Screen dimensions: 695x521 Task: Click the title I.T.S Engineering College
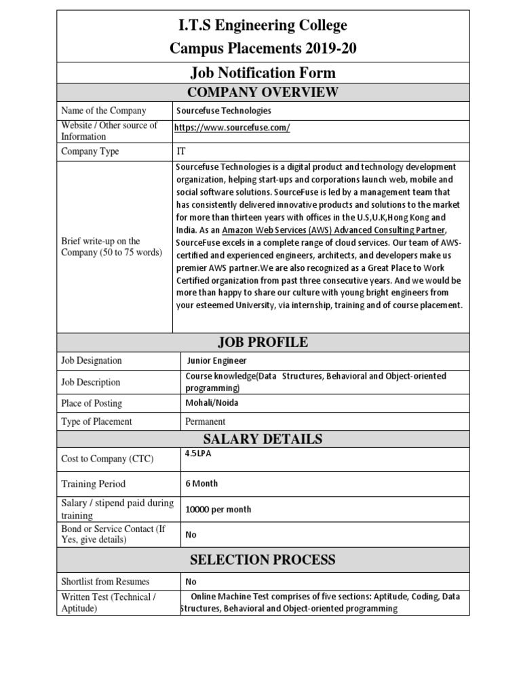coord(263,26)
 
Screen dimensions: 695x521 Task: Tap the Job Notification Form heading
coord(263,73)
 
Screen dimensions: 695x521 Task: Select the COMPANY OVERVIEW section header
coord(263,92)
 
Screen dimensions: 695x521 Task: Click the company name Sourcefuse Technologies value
coord(223,111)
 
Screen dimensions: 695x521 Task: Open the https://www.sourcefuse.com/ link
coord(232,128)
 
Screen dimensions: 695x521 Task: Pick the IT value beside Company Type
coord(180,151)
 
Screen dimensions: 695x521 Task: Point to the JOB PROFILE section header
coord(263,342)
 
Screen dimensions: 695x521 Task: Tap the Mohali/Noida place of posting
coord(212,402)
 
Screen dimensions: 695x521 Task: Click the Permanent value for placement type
coord(206,421)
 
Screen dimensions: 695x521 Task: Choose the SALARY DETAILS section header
coord(263,438)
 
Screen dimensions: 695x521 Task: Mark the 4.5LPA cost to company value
coord(199,454)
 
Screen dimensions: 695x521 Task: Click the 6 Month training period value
coord(201,484)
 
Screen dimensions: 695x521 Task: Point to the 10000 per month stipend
coord(218,510)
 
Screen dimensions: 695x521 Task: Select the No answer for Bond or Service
coord(191,535)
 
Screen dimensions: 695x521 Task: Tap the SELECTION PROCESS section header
coord(263,560)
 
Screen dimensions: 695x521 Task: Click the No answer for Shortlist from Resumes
coord(191,582)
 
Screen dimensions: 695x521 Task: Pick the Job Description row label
coord(91,382)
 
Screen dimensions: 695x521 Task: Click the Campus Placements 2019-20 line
coord(263,48)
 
